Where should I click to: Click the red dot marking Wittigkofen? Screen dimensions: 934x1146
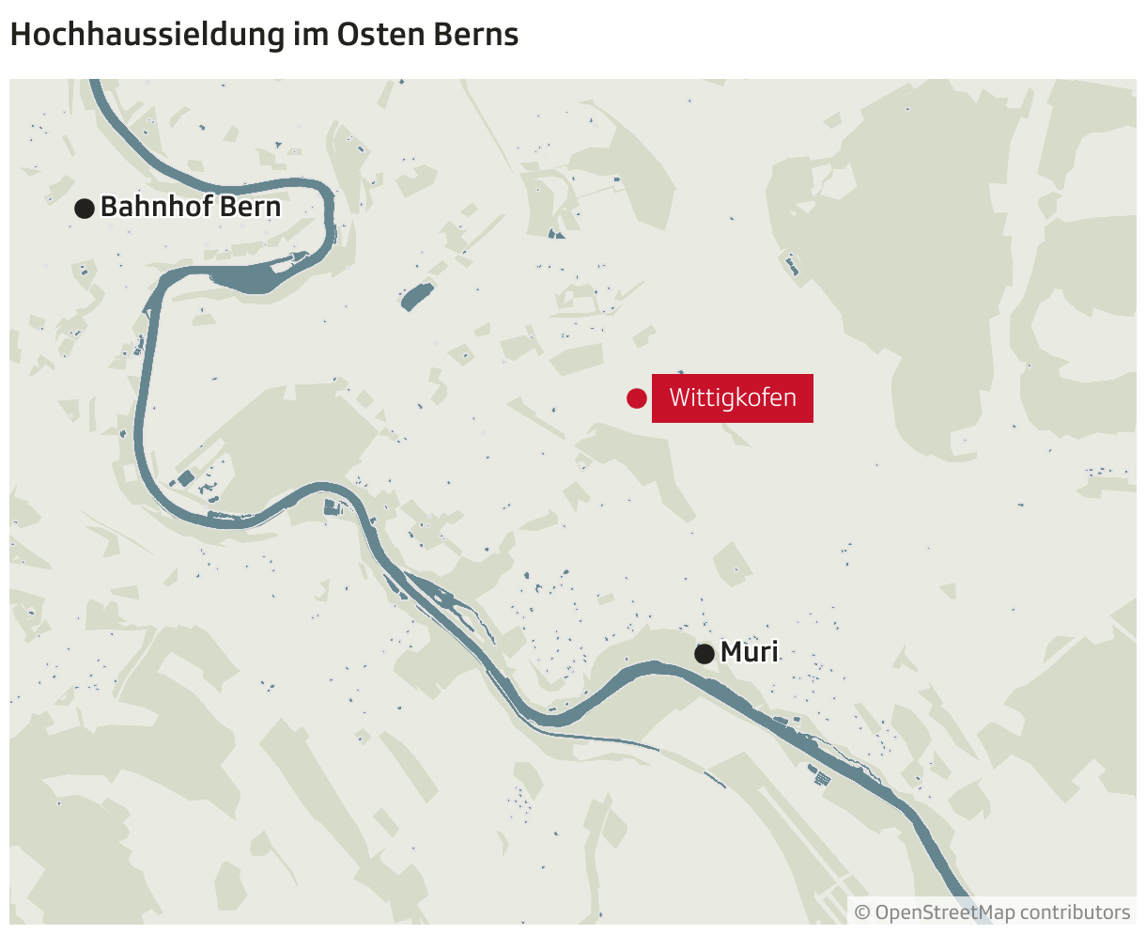pos(637,398)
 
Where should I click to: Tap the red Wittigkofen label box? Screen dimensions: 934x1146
pos(733,398)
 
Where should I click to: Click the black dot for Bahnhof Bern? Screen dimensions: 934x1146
pos(85,208)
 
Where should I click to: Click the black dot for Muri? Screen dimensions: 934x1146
pos(705,653)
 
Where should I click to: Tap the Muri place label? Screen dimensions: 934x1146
pos(750,652)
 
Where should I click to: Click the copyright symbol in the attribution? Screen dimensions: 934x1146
pos(862,912)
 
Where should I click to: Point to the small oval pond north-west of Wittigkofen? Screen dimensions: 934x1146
pos(416,297)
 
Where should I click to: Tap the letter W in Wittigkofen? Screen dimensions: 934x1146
pos(678,398)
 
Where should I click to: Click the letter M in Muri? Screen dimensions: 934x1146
pos(731,652)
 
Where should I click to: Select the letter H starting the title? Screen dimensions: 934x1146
pos(18,35)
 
